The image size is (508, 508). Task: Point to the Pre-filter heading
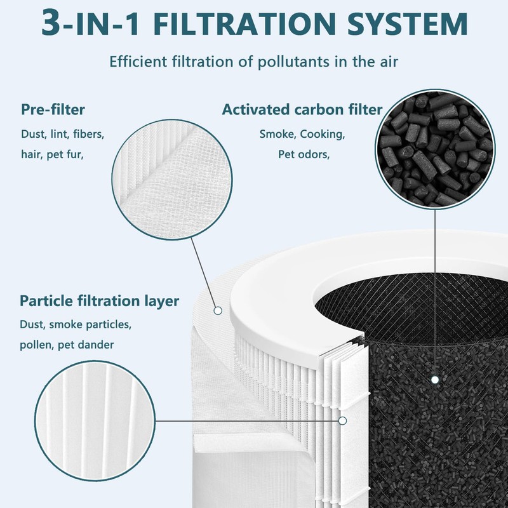coord(53,109)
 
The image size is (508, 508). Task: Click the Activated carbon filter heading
coord(302,109)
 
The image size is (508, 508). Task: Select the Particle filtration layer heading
coord(99,300)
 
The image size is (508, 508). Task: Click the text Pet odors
coord(304,154)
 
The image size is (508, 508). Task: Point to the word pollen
coord(37,345)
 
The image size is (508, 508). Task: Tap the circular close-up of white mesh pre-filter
coord(168,172)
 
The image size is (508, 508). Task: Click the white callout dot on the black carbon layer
coord(435,380)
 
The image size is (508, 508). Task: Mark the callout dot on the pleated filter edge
coord(342,420)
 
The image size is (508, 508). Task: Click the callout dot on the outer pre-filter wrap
coord(217,311)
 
